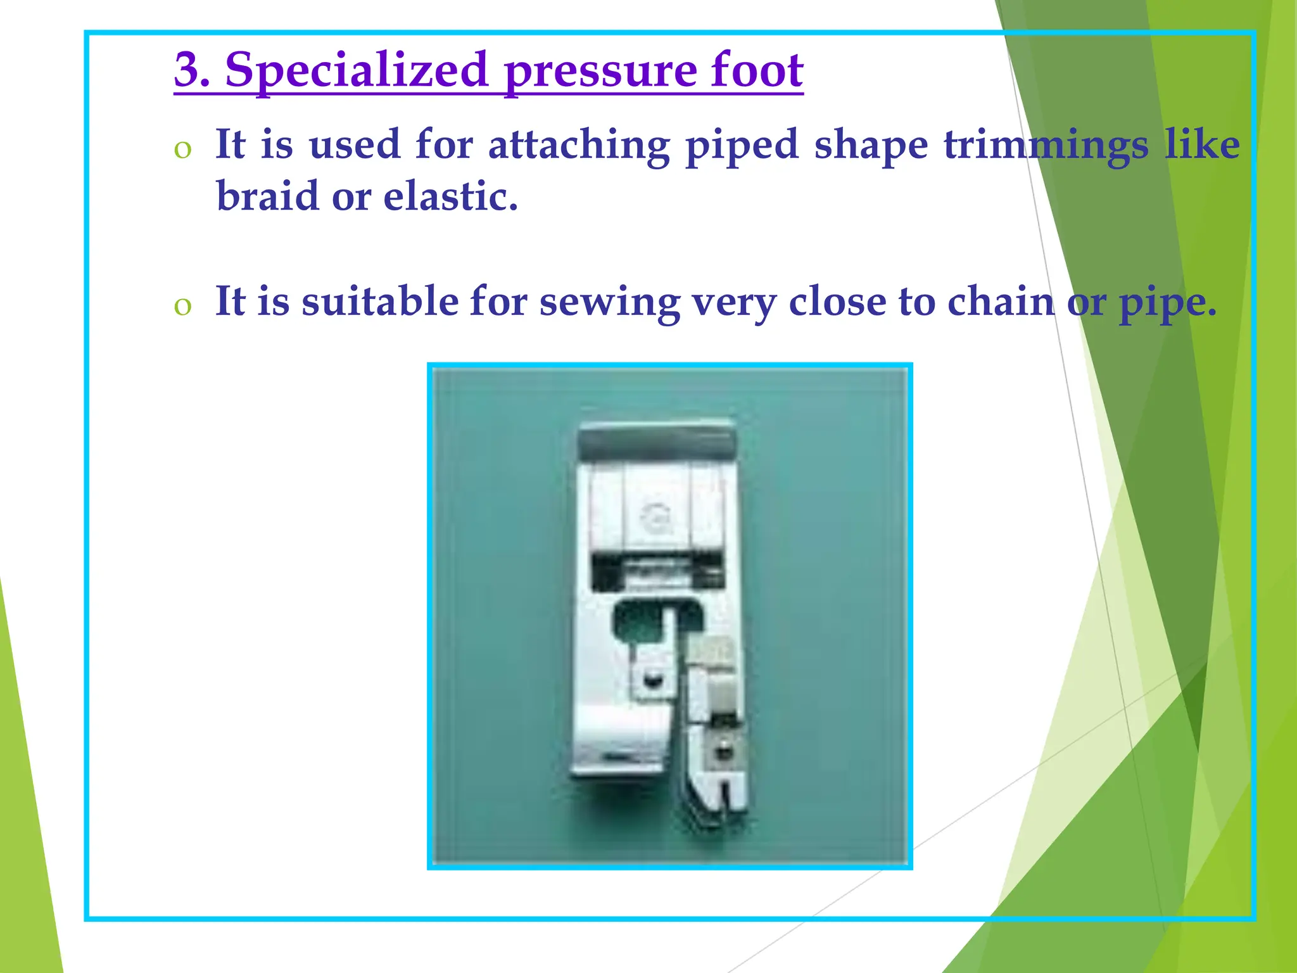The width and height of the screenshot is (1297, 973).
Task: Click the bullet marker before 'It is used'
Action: [182, 149]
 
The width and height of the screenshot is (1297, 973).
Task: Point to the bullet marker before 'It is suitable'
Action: [182, 306]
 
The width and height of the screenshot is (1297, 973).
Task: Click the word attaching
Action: [579, 145]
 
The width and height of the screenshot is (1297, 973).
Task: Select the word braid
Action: [267, 196]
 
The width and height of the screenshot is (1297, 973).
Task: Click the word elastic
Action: [450, 196]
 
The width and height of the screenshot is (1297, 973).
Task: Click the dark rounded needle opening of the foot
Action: [640, 616]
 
